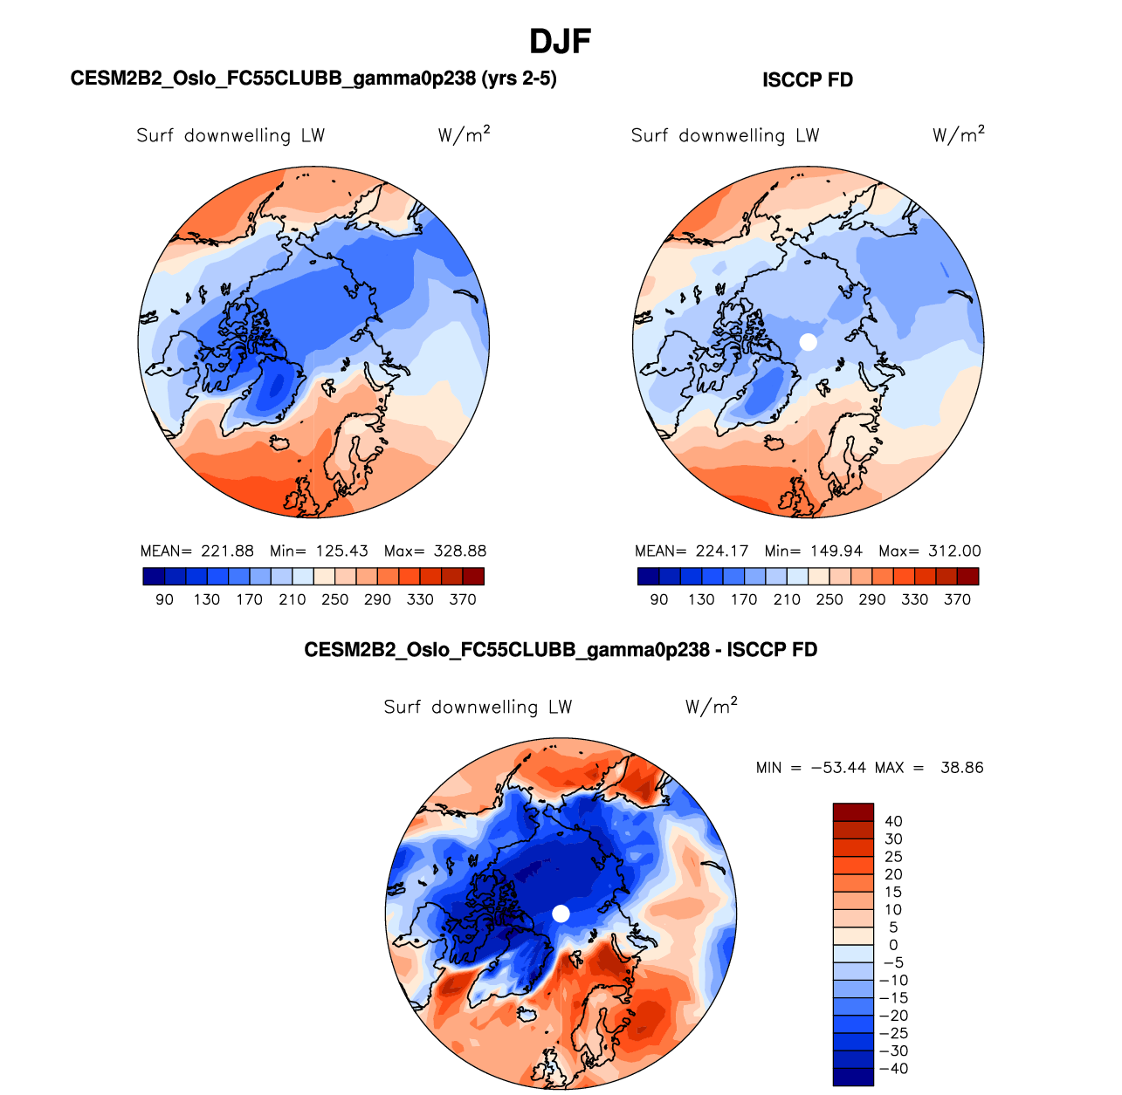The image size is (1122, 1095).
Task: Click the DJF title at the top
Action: tap(561, 41)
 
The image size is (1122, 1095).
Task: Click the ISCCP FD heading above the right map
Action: tap(808, 80)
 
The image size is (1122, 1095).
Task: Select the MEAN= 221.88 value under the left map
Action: tap(197, 551)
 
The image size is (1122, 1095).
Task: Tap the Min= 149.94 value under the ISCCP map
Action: tap(813, 551)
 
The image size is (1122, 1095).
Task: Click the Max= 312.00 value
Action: tap(930, 551)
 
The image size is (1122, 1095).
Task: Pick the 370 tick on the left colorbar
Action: tap(463, 599)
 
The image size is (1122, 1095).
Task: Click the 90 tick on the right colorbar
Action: tap(659, 599)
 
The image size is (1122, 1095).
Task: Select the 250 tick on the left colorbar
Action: tap(334, 599)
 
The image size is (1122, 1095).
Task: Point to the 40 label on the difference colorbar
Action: tap(893, 821)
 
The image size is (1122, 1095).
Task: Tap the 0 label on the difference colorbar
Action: tap(893, 945)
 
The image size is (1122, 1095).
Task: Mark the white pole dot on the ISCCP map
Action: tap(809, 342)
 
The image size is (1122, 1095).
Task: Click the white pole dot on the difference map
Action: tap(561, 914)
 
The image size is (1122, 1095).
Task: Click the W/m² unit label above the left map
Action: tap(464, 135)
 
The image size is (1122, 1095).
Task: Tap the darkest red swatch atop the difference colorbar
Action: tap(853, 812)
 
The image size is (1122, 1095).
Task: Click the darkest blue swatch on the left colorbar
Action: tap(153, 577)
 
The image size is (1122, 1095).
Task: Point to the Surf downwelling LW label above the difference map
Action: tap(478, 707)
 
